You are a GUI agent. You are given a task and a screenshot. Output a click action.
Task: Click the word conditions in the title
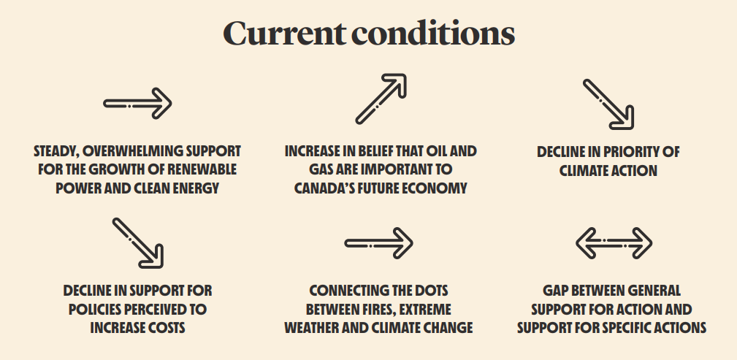pos(433,34)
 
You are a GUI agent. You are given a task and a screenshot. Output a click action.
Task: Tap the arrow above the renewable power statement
pos(138,104)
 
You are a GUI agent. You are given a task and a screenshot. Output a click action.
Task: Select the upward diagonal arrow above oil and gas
pos(381,99)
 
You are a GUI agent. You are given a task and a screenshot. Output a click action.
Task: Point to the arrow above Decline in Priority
pos(608,104)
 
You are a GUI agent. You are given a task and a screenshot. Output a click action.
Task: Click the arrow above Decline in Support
pos(138,243)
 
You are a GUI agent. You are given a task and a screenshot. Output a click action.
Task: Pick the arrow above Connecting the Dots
pos(379,243)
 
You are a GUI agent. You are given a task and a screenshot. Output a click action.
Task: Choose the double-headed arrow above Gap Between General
pos(614,243)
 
